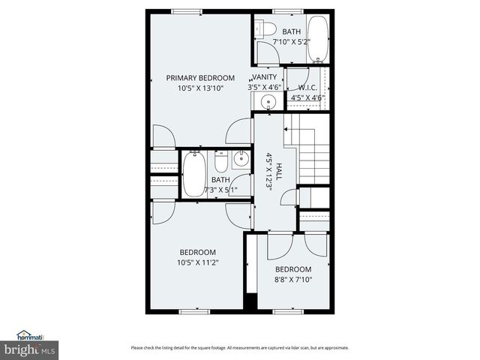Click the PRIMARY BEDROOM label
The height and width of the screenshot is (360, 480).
tap(199, 78)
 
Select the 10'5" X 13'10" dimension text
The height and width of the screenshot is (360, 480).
tap(199, 88)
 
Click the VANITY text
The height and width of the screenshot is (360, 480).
tap(264, 77)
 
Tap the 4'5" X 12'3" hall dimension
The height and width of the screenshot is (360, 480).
tap(268, 172)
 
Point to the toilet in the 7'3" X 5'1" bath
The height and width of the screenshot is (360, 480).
tap(220, 161)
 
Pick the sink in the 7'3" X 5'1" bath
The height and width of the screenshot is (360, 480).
tap(241, 159)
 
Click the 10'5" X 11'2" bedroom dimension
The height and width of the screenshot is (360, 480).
tap(197, 262)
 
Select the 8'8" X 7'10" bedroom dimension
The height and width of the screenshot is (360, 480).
tap(292, 280)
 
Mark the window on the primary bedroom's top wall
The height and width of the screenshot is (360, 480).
tap(186, 11)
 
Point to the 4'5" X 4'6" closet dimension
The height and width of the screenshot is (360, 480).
tap(306, 97)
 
